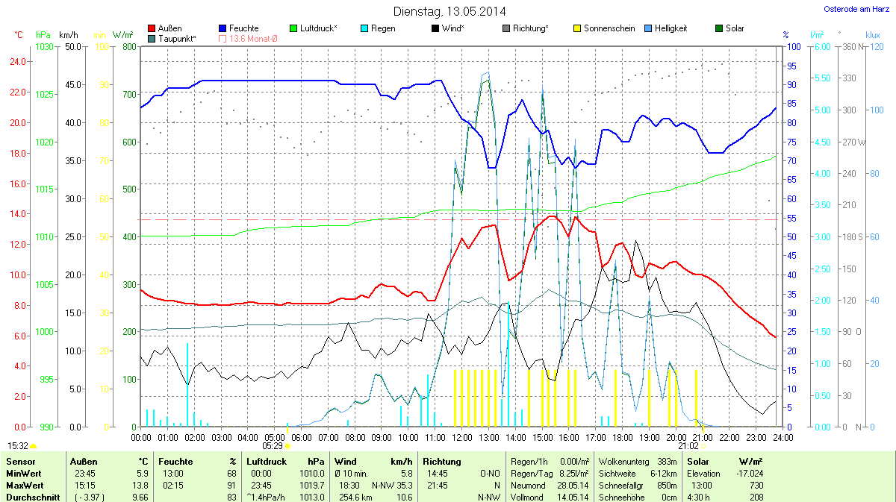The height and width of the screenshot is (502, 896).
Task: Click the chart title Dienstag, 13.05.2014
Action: tap(449, 11)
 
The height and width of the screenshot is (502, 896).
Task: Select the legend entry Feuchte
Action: tap(244, 28)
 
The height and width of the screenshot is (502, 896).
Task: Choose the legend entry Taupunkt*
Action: tap(177, 39)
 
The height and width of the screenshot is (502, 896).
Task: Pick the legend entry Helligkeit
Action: tap(671, 28)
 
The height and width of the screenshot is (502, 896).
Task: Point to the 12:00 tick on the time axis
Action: tap(461, 437)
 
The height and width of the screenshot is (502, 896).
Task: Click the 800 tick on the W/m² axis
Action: tap(129, 47)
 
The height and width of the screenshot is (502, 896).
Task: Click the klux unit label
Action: tap(873, 34)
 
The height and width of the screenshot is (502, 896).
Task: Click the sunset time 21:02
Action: tap(688, 445)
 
